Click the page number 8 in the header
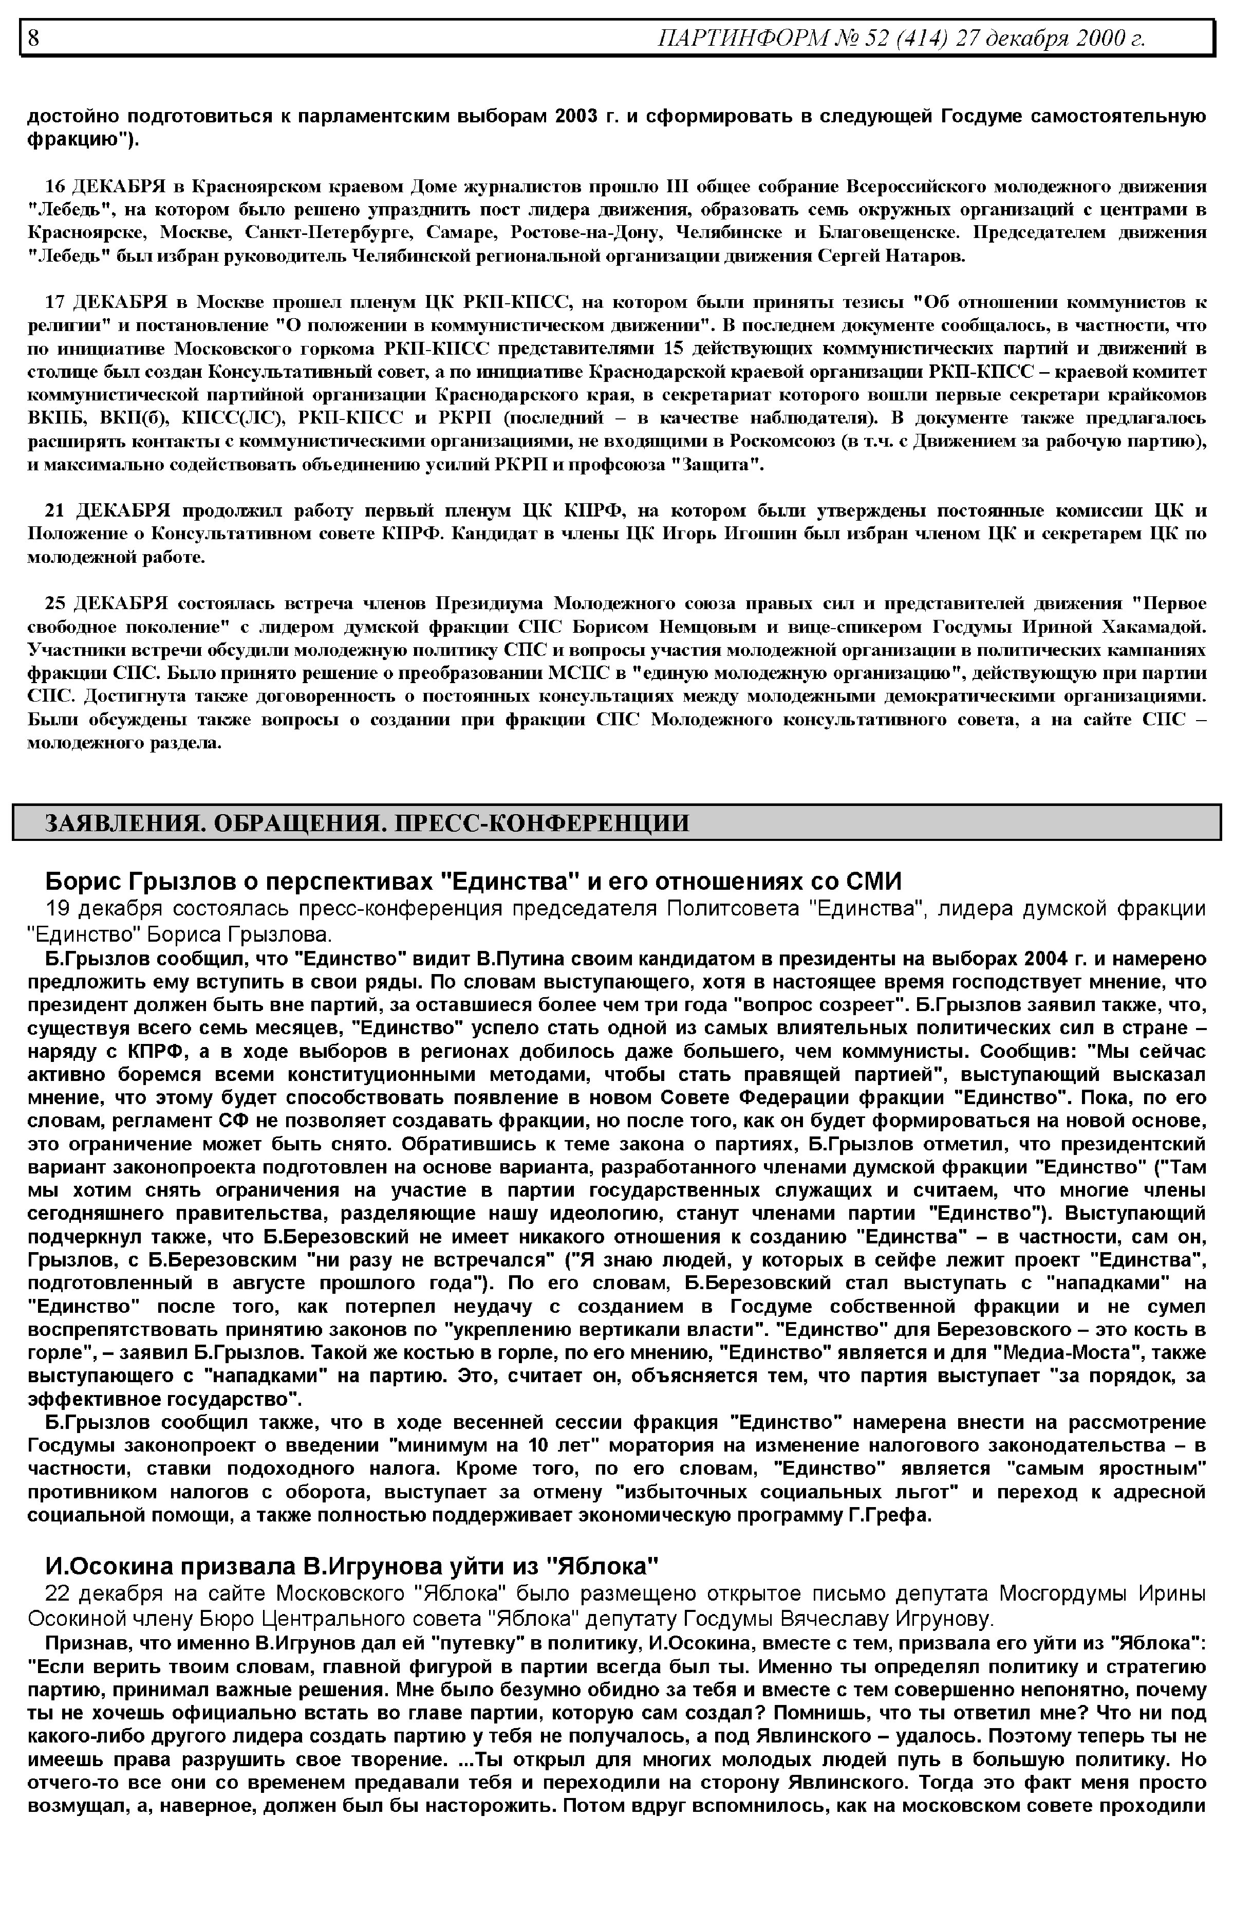coord(33,38)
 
